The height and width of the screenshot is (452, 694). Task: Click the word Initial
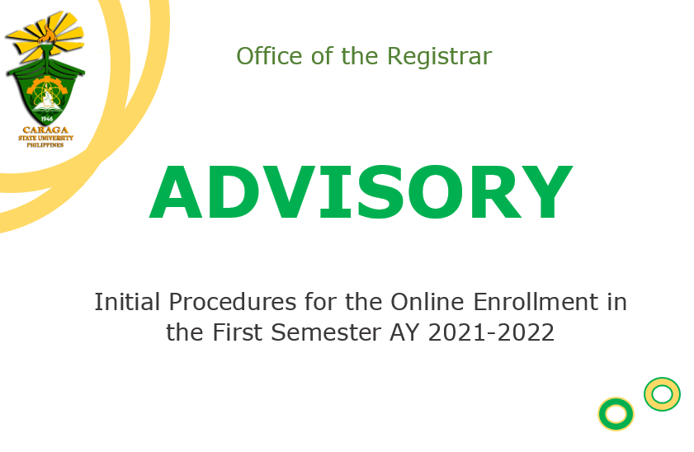click(127, 303)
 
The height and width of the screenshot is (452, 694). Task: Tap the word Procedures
click(233, 303)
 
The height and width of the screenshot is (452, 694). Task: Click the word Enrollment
click(535, 303)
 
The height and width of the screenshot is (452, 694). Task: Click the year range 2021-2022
click(491, 332)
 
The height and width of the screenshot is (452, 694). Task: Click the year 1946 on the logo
click(47, 119)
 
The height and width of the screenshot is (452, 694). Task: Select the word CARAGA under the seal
click(45, 130)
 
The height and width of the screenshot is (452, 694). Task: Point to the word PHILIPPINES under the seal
click(45, 145)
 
